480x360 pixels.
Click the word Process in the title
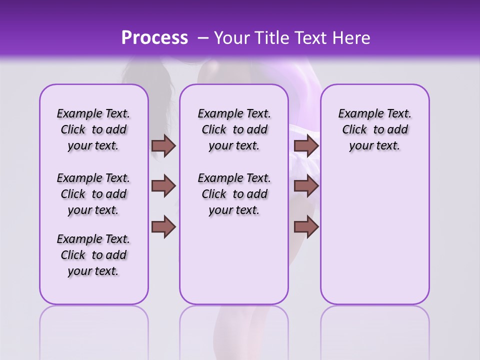click(x=154, y=37)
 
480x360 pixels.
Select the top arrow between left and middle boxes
click(x=163, y=146)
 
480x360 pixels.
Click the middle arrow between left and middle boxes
click(x=163, y=186)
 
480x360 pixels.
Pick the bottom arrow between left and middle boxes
click(x=163, y=226)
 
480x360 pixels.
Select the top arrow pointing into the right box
click(x=306, y=146)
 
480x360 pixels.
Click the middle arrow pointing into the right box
click(x=306, y=186)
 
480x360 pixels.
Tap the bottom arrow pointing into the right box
click(x=306, y=226)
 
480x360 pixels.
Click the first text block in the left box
click(x=93, y=129)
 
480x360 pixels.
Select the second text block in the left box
click(x=93, y=194)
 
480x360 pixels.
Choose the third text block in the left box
click(x=93, y=255)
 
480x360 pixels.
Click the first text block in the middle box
click(x=234, y=129)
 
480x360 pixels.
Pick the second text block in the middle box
click(x=234, y=194)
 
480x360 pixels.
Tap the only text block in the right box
click(x=374, y=129)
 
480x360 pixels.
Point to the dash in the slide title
click(x=203, y=38)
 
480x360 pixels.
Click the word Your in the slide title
click(x=230, y=37)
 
